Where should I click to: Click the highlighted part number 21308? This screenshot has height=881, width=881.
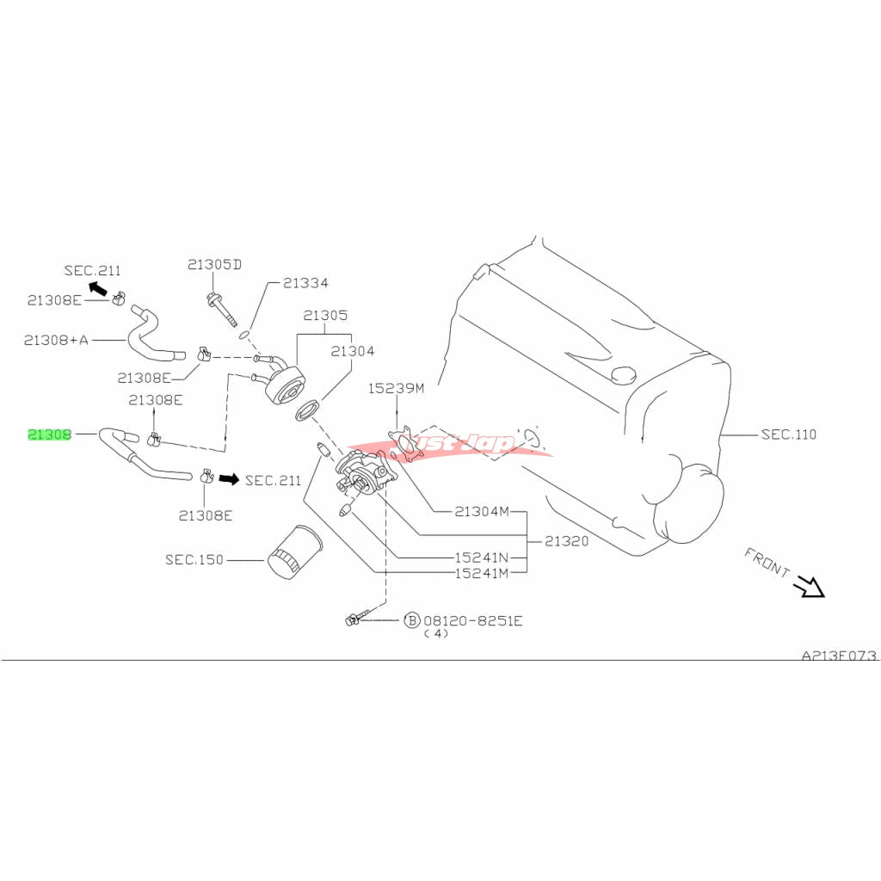50,434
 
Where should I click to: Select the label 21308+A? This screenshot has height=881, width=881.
56,340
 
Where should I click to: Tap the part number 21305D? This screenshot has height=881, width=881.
214,264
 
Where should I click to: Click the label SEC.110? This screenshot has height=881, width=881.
788,434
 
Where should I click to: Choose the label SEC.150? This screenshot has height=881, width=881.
194,560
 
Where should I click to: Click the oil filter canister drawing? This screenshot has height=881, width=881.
294,551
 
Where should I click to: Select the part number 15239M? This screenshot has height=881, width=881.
397,388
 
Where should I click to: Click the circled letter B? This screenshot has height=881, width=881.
411,619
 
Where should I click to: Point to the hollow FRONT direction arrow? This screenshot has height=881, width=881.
809,586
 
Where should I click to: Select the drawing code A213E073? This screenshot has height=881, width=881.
839,656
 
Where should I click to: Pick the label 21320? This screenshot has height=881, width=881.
566,542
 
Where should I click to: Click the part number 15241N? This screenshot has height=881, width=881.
481,557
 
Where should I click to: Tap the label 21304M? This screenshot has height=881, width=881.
482,512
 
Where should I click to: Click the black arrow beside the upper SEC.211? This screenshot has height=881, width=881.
97,286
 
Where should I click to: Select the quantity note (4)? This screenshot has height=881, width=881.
436,634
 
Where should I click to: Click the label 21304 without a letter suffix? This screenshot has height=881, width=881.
353,350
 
